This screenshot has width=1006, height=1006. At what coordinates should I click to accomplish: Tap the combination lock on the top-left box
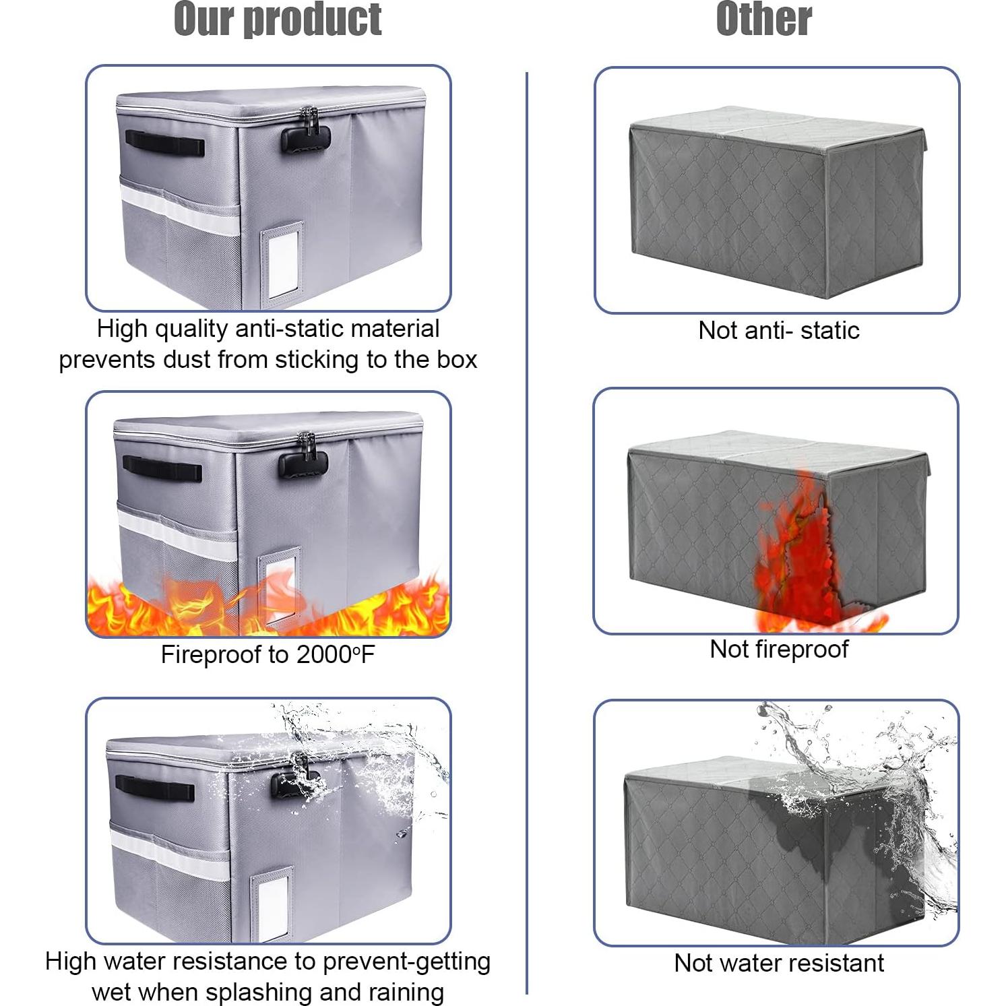[x=306, y=137]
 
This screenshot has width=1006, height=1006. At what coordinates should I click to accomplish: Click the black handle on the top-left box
[x=165, y=144]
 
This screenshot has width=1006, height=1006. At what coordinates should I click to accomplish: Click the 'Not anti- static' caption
[x=779, y=330]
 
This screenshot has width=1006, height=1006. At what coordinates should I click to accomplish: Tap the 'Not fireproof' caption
[x=779, y=649]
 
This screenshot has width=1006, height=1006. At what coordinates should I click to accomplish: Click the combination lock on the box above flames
[x=303, y=462]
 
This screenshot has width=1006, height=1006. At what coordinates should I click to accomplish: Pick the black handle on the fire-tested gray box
[x=162, y=468]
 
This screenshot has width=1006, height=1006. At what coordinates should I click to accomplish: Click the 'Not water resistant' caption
[x=779, y=963]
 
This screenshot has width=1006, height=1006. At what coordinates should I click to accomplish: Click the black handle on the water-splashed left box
[x=155, y=787]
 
